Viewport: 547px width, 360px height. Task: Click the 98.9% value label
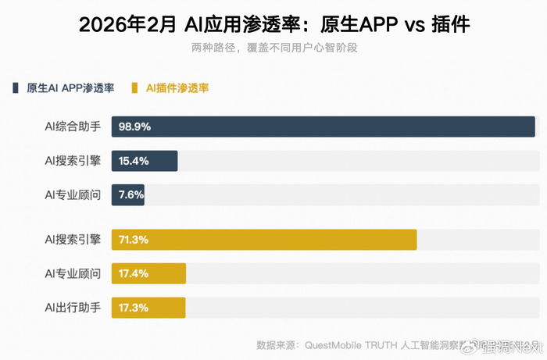134,127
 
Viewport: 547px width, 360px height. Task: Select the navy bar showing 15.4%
145,161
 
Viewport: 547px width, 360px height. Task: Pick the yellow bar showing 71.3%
264,240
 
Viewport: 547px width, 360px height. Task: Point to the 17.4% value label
134,274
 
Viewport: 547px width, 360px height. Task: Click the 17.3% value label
134,308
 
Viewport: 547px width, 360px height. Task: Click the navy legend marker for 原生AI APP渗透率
16,88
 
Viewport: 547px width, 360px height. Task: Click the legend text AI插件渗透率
177,88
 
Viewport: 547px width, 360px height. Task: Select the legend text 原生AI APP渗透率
70,88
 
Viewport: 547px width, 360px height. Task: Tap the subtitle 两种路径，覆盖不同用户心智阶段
273,47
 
